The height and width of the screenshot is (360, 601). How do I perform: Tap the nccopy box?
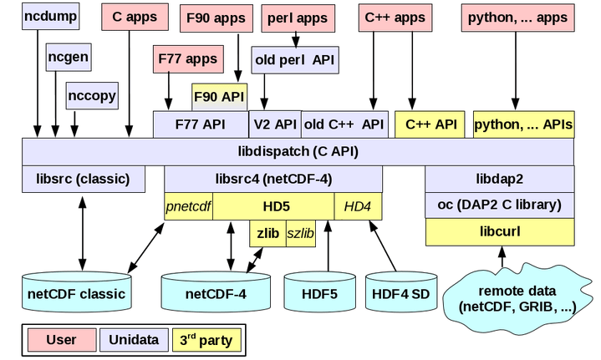click(91, 95)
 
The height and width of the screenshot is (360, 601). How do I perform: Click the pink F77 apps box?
click(189, 59)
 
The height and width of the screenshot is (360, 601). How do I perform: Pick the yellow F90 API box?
click(220, 96)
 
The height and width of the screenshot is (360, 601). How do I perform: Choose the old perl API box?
click(294, 59)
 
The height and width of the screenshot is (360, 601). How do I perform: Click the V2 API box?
click(274, 124)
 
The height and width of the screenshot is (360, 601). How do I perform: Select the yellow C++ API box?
click(430, 124)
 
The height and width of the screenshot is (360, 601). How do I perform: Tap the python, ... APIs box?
click(523, 124)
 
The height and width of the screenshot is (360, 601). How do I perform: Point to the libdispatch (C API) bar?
click(298, 152)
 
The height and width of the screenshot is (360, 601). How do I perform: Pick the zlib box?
click(267, 234)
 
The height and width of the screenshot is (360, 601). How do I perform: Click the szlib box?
click(300, 234)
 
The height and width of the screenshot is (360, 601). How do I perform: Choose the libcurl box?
click(500, 231)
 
